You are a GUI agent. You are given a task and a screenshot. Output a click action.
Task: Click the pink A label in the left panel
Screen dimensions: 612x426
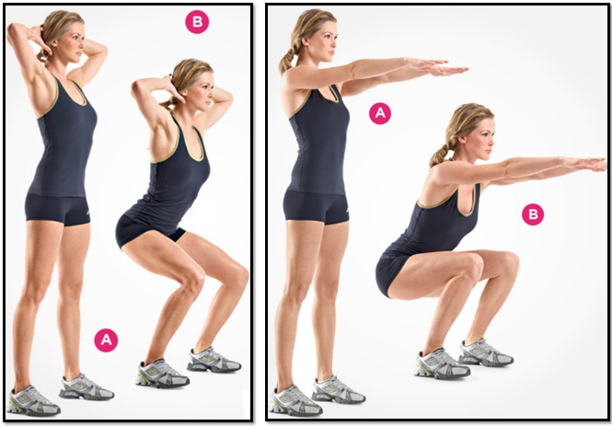click(x=106, y=340)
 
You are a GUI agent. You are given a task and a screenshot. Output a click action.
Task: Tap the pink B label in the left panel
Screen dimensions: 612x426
click(x=197, y=22)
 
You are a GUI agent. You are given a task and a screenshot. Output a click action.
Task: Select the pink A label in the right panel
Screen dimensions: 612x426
click(x=380, y=113)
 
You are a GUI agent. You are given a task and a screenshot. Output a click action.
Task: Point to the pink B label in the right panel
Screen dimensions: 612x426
click(x=533, y=214)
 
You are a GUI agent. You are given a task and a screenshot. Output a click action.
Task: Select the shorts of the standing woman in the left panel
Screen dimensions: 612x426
click(x=58, y=210)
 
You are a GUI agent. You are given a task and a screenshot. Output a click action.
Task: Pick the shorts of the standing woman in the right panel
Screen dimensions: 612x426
click(x=317, y=207)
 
